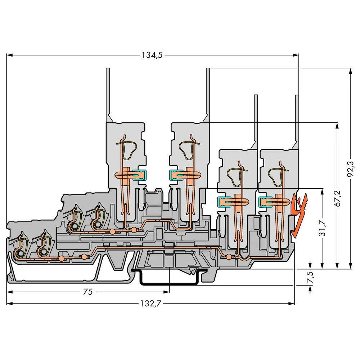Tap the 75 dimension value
[87, 292]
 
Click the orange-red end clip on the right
[299, 215]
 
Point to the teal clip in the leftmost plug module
[139, 175]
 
